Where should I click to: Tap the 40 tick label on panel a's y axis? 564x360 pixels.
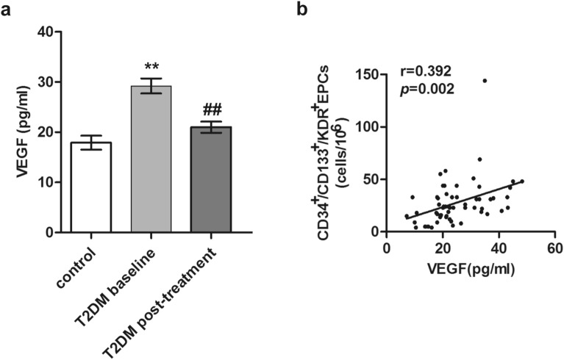click(46, 32)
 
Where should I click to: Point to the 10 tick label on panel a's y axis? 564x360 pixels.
click(46, 182)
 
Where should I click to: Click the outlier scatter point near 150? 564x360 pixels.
click(485, 81)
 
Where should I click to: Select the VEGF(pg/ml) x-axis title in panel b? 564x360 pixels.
click(471, 268)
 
